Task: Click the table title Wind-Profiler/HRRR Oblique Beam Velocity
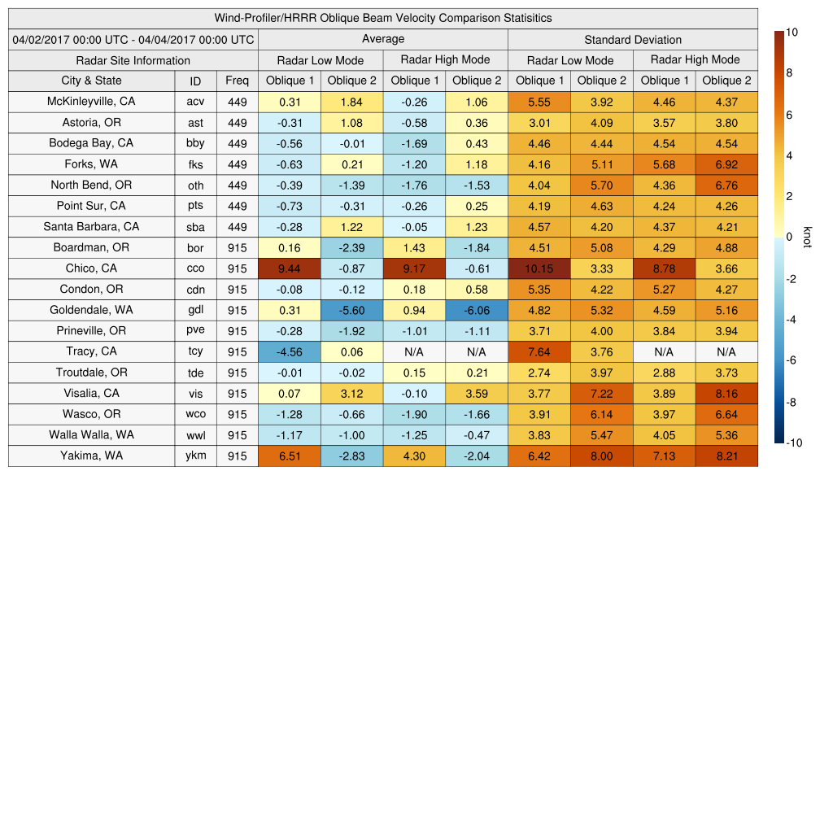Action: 383,18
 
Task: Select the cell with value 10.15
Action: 539,268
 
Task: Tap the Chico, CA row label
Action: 91,268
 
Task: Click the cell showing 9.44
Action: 290,268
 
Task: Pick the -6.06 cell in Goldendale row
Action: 477,310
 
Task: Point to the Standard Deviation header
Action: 633,40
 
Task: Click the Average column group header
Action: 382,39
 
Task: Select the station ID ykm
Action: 195,456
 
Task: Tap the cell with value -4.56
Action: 290,351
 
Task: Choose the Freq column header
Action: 237,81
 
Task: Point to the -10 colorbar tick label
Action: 792,443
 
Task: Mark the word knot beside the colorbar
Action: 807,237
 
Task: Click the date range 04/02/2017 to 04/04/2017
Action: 133,40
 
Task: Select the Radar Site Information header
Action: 133,60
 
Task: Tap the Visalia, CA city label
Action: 91,393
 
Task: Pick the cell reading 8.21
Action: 726,456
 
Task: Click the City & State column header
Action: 91,81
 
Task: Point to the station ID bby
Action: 195,144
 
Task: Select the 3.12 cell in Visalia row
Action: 351,393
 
